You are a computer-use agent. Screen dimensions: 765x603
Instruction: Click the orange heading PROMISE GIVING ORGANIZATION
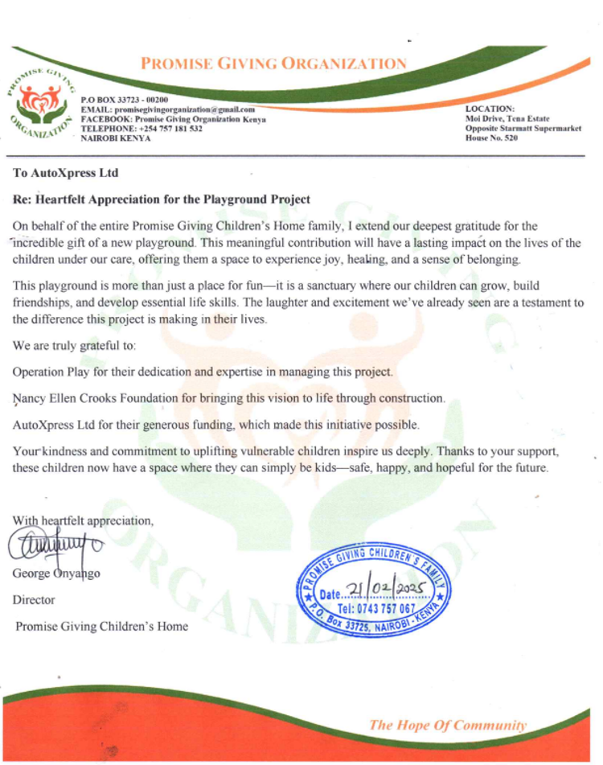tap(273, 64)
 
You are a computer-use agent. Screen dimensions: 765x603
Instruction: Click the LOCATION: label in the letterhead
tap(490, 109)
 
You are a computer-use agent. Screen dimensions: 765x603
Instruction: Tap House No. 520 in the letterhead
tap(492, 138)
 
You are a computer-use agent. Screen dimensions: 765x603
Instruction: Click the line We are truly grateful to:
tap(75, 347)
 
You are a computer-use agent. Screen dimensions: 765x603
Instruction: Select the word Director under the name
tap(34, 600)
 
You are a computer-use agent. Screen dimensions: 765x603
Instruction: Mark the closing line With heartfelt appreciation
tap(83, 520)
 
